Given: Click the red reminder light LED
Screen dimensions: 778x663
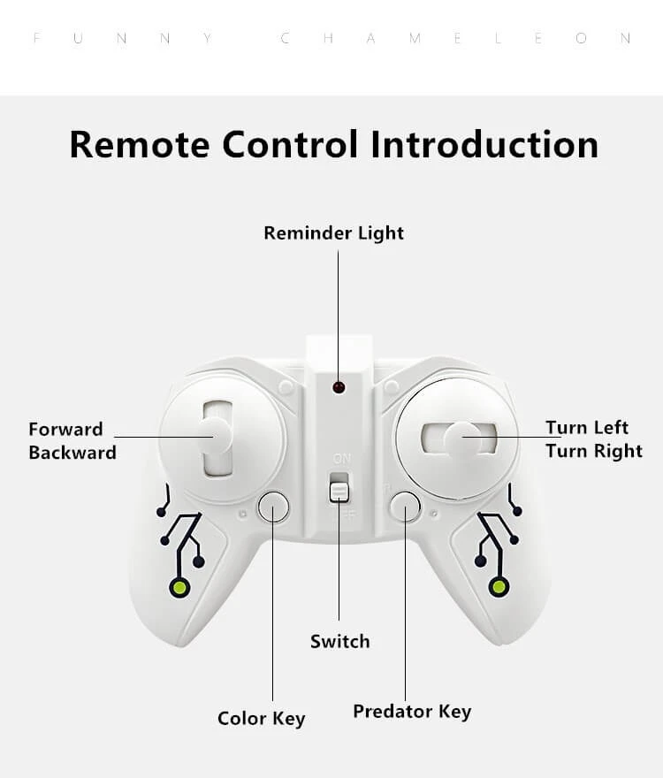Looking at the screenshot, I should [x=338, y=387].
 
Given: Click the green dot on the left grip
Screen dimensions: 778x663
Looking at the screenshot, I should [x=180, y=587].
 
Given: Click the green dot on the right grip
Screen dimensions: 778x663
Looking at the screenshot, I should [x=499, y=587].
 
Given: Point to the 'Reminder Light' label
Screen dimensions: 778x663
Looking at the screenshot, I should [x=333, y=233].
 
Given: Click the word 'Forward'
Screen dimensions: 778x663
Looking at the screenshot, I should [x=65, y=430].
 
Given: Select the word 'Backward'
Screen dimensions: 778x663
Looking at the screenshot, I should [x=72, y=453].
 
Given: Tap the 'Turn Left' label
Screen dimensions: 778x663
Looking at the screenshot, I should [x=587, y=428].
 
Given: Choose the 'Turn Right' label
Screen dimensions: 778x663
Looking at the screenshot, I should [x=593, y=451].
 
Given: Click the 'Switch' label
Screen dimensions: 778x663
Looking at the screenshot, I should [x=339, y=642].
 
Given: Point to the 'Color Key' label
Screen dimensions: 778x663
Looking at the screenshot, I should [x=261, y=718].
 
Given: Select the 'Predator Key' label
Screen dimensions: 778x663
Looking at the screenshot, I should [x=412, y=712].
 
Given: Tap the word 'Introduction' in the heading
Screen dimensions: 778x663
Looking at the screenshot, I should [x=484, y=144].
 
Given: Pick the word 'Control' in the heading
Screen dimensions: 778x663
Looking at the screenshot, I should [x=290, y=144].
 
